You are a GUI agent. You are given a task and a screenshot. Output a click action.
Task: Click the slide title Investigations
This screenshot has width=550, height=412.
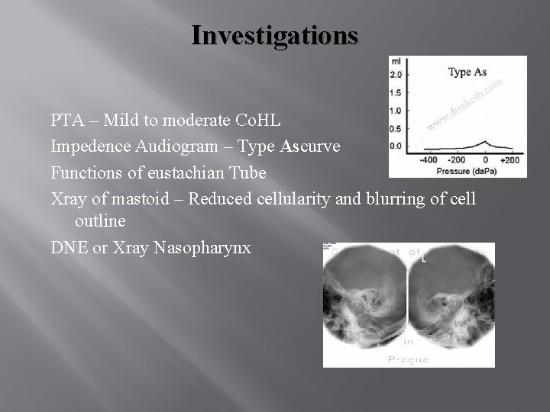274,35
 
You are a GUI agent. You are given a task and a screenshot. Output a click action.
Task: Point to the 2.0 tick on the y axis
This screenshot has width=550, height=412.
396,75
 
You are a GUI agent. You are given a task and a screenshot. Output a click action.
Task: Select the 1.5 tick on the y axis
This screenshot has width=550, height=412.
396,92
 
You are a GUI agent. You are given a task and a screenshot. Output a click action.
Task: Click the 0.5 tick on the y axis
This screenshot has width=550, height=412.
396,127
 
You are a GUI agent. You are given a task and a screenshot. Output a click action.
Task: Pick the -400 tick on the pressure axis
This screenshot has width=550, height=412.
429,159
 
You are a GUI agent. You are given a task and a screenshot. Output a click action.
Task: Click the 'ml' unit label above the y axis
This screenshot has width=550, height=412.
396,61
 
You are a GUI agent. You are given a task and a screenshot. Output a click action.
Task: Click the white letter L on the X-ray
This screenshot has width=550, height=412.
423,259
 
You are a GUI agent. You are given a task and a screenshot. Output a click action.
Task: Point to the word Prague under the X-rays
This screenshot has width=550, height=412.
408,359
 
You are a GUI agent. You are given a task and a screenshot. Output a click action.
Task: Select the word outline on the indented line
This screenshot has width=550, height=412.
101,220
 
